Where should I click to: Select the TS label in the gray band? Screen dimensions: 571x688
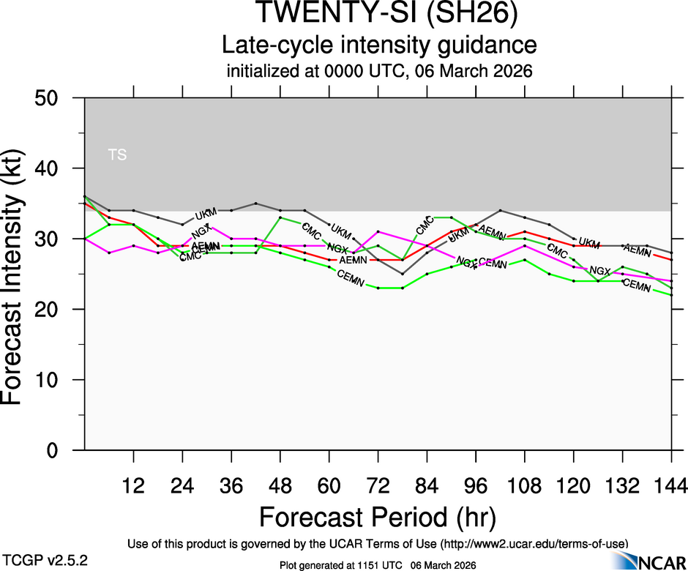tap(117, 154)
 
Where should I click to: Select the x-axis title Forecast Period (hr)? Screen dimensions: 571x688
tap(378, 518)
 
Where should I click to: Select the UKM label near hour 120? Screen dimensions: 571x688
tap(588, 242)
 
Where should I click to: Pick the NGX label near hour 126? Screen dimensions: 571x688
tap(600, 271)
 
